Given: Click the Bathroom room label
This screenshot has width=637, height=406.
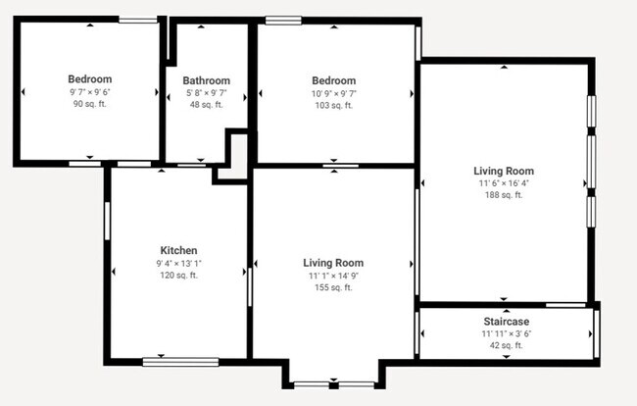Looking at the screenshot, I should pyautogui.click(x=206, y=80).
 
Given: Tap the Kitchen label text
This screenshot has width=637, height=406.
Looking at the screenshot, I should pyautogui.click(x=178, y=250).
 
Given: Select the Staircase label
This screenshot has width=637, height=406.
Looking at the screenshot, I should pyautogui.click(x=506, y=322).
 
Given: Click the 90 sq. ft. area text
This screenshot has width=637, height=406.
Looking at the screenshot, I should pyautogui.click(x=89, y=104).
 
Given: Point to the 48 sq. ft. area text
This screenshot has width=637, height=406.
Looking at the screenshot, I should pyautogui.click(x=206, y=104).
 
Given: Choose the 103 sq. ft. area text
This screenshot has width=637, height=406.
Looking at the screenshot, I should pyautogui.click(x=333, y=104).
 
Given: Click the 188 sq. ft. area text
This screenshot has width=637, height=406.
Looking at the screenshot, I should pyautogui.click(x=505, y=194).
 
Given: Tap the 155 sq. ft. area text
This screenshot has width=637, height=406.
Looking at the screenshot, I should pyautogui.click(x=333, y=287).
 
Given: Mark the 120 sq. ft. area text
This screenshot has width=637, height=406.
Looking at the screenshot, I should pyautogui.click(x=178, y=276).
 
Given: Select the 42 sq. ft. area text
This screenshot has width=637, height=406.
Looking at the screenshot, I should pyautogui.click(x=506, y=345).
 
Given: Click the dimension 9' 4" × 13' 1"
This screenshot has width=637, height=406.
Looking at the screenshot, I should pyautogui.click(x=178, y=263).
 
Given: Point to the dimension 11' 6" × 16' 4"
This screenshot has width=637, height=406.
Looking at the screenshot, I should pyautogui.click(x=505, y=182).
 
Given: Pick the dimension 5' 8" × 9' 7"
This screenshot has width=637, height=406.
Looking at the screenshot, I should pyautogui.click(x=206, y=92).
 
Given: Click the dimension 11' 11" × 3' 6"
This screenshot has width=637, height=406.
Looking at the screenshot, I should pyautogui.click(x=506, y=333).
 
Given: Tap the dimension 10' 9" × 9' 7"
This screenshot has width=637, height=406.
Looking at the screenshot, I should pyautogui.click(x=333, y=92).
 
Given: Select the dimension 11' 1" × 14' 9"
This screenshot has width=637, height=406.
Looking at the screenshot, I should pyautogui.click(x=333, y=276).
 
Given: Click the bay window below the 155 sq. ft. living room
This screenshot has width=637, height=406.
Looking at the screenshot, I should pyautogui.click(x=333, y=383).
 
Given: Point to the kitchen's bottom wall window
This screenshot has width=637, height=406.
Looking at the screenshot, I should pyautogui.click(x=180, y=361).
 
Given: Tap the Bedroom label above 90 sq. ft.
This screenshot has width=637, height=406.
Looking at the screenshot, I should pyautogui.click(x=89, y=79).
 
